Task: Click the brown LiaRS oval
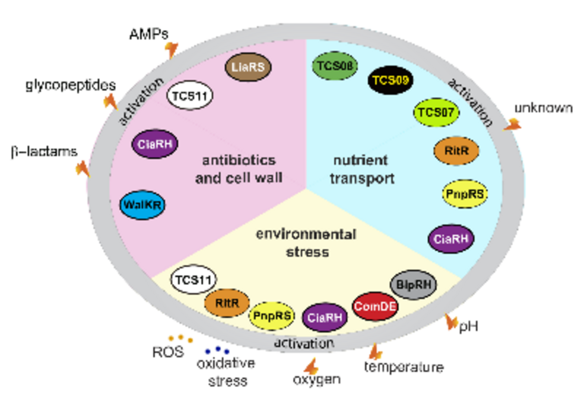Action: (248, 67)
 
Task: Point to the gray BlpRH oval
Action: (414, 282)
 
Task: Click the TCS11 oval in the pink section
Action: (190, 95)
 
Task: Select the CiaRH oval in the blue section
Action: (451, 239)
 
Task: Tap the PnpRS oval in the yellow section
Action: (273, 315)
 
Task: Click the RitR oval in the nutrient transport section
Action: (456, 150)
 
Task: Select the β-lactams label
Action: (44, 152)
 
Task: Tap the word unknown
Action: (544, 107)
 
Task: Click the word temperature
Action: (404, 367)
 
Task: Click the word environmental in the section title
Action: (306, 235)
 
